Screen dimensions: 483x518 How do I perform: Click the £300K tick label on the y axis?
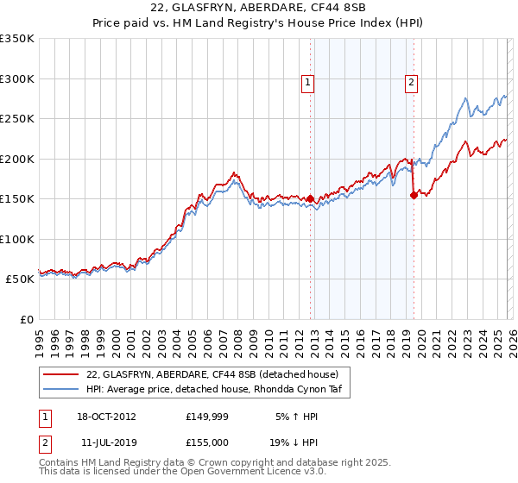point(17,78)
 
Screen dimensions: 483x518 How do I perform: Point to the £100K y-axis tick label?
point(17,239)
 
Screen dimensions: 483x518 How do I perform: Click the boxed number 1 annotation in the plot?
point(307,83)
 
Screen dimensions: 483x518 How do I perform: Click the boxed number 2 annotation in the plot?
point(411,83)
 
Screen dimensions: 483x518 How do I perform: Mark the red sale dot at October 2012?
point(310,198)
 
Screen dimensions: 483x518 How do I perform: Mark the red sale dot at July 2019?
point(414,195)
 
